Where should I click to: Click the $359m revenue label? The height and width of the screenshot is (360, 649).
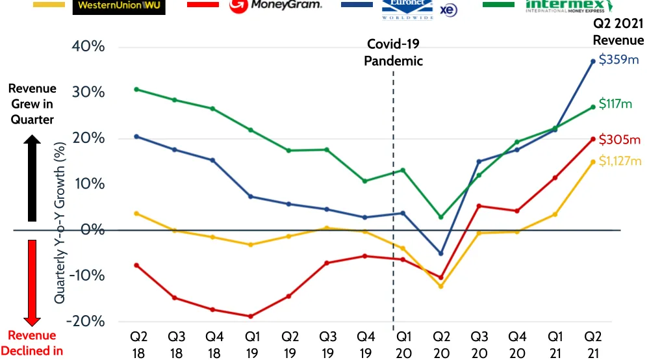619,60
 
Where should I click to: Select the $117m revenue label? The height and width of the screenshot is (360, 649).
615,103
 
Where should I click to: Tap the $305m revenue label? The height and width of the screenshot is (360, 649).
619,139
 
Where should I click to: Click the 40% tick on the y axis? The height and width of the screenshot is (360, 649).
90,47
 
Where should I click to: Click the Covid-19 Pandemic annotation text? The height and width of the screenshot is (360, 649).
393,53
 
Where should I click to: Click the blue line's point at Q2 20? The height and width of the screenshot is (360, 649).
441,253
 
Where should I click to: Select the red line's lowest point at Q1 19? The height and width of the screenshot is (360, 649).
251,316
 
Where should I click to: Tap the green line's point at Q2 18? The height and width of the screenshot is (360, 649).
136,89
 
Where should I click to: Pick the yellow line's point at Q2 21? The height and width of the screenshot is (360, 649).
592,162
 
